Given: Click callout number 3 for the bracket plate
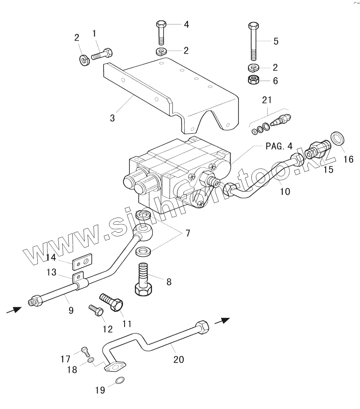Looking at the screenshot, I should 112,118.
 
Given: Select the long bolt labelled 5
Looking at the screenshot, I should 253,42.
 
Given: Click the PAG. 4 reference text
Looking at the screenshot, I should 280,146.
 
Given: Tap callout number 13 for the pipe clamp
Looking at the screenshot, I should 51,273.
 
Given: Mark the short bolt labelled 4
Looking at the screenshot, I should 161,37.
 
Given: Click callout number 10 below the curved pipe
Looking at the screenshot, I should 285,191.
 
